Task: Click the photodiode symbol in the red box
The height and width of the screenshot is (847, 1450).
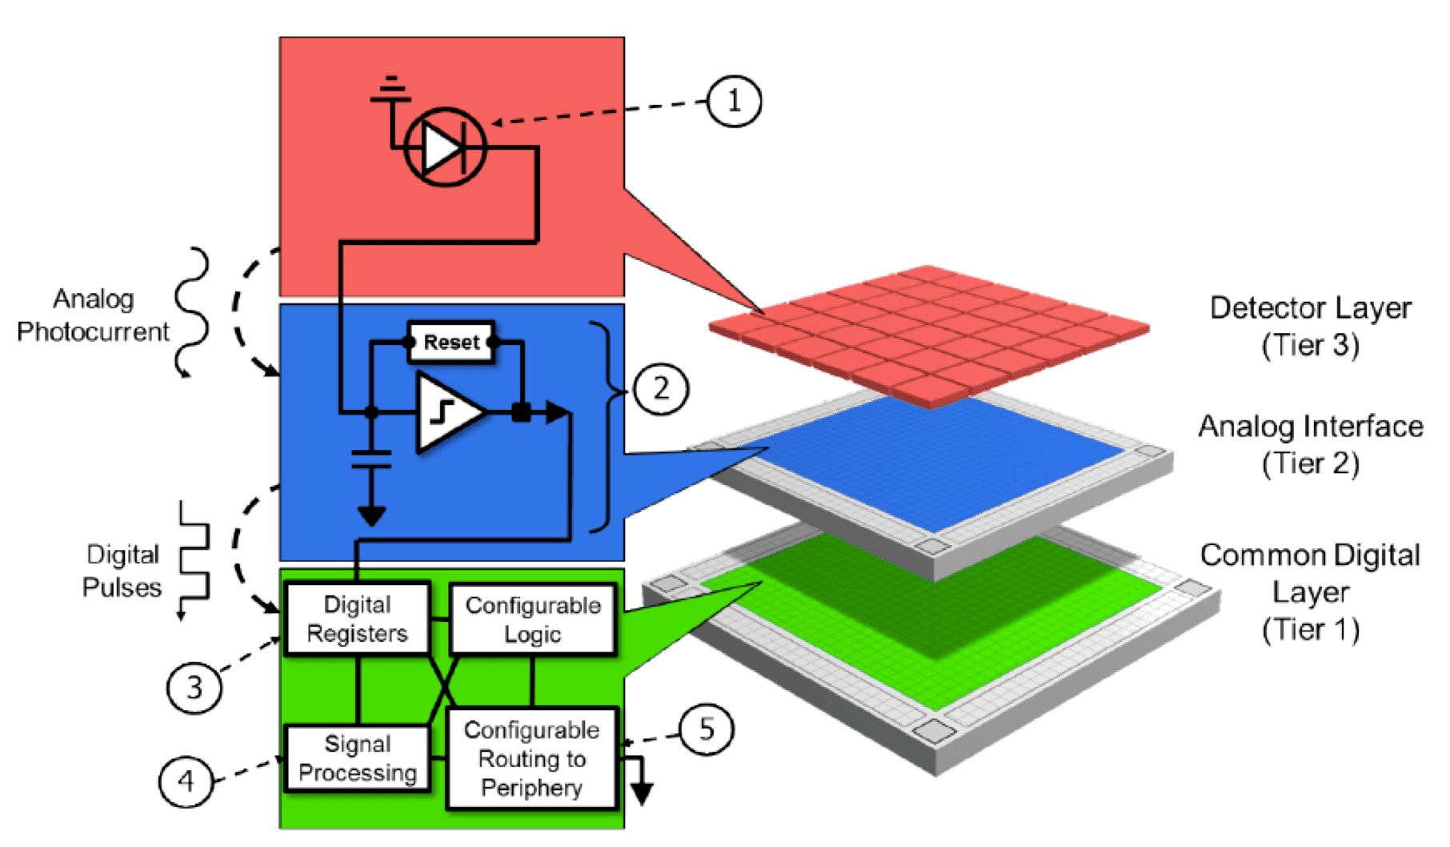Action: (445, 147)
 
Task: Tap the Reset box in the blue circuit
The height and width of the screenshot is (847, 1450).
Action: (451, 342)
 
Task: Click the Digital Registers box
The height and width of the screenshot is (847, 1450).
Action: (357, 619)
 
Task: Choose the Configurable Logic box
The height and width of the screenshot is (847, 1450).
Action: (533, 620)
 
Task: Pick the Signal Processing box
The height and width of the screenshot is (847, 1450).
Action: (357, 758)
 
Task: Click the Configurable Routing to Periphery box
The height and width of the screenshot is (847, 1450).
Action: (531, 758)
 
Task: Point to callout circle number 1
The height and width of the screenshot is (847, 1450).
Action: (734, 101)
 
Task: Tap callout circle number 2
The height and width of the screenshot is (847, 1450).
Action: (660, 389)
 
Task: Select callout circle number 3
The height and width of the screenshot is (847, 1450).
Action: (194, 687)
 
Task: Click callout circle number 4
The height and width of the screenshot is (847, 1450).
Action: (186, 781)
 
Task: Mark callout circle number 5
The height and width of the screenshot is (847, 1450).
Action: (706, 729)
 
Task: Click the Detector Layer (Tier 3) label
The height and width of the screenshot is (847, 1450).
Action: (1310, 326)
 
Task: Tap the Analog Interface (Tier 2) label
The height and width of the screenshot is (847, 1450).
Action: (1310, 444)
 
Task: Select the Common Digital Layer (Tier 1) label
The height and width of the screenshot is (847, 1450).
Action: (1310, 592)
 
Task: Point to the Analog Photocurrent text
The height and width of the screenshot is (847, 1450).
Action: (93, 315)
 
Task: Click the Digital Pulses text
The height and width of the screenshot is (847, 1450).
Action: (122, 571)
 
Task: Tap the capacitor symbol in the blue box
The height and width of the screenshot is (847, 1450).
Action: (371, 459)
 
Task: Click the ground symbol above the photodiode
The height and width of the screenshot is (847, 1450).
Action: (391, 90)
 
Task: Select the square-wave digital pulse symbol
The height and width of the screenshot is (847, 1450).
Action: (194, 560)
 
